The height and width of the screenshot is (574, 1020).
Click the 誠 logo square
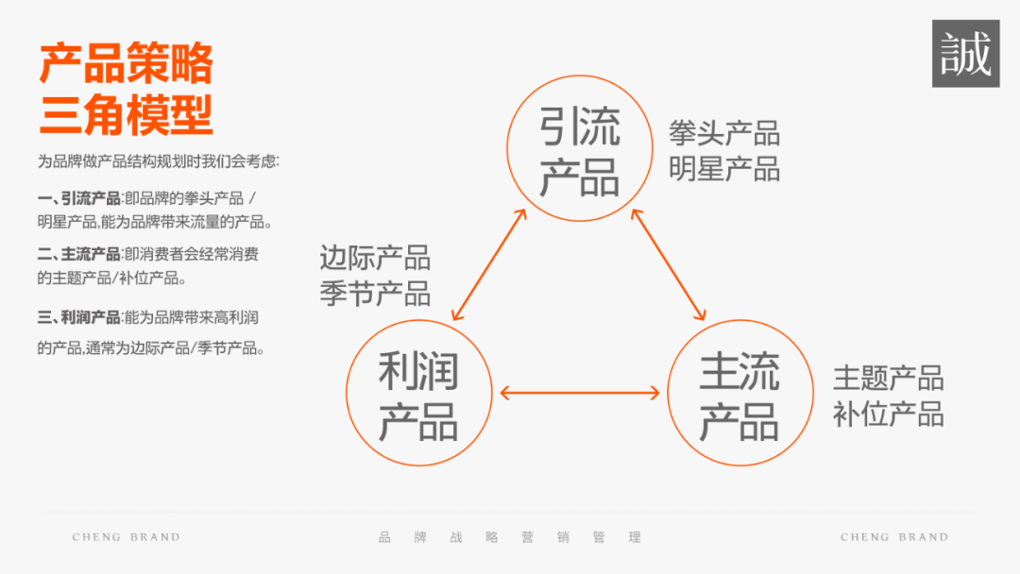pos(965,53)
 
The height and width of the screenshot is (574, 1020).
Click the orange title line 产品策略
pos(126,63)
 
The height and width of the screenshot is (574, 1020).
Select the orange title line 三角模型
pos(126,114)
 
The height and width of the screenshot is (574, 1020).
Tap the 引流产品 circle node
pos(579,148)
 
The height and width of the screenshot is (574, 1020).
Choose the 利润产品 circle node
pos(418,393)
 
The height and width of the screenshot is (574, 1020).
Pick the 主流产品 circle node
pos(739,393)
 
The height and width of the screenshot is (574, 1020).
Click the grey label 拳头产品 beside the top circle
pos(724,132)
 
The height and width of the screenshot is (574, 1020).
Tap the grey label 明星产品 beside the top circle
pos(724,169)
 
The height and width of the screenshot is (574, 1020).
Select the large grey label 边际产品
pos(375,257)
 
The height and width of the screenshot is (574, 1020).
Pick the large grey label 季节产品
pos(375,293)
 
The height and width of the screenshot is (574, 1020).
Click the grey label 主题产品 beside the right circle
pos(888,379)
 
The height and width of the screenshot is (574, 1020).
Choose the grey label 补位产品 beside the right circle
pos(888,414)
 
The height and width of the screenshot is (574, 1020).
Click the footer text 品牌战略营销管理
pos(510,537)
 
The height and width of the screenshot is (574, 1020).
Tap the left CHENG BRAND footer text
pos(126,537)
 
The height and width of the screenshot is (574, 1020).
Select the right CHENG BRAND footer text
pos(894,537)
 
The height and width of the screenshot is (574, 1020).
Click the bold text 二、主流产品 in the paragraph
pos(79,254)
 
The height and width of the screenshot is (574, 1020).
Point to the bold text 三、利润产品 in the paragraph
pos(79,318)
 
